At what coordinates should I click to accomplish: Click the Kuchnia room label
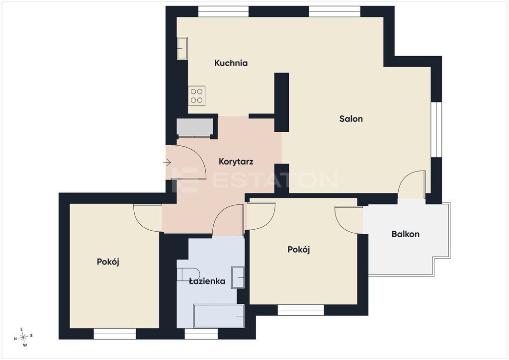[231, 63]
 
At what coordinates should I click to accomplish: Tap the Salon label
[351, 118]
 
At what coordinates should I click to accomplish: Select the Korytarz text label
[236, 162]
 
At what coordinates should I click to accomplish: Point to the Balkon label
[406, 234]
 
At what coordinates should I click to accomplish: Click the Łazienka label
[207, 281]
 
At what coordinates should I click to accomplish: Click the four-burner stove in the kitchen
[197, 96]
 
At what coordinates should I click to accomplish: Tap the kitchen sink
[182, 48]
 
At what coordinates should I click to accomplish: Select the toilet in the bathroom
[188, 274]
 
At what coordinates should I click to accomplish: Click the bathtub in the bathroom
[219, 316]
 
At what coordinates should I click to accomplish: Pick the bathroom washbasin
[238, 277]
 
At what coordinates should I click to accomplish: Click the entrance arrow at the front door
[167, 162]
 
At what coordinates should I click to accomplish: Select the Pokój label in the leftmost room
[108, 262]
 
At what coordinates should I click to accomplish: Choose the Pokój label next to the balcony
[299, 250]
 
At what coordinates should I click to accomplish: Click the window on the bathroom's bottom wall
[201, 334]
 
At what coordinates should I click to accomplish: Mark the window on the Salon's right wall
[436, 129]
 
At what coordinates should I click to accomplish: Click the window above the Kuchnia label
[223, 11]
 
